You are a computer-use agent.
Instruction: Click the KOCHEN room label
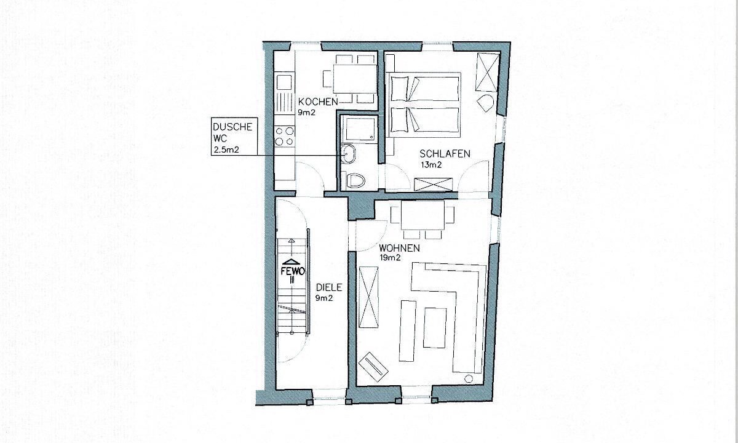point(318,102)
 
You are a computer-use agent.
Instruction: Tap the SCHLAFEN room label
point(445,154)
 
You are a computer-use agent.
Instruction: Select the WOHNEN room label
point(399,248)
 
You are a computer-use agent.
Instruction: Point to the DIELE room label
point(329,287)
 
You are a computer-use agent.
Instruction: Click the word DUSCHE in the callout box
point(232,127)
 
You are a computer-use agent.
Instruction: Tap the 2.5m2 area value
point(226,150)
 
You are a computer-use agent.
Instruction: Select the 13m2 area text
point(431,165)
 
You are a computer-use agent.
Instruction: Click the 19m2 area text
point(390,258)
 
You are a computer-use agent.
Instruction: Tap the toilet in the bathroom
point(356,181)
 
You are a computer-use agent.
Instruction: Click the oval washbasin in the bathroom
point(348,154)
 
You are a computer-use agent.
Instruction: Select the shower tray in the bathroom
point(359,128)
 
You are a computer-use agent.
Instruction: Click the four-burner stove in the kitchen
point(285,137)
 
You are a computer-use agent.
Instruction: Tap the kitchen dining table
point(355,79)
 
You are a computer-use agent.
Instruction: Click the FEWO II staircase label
point(292,276)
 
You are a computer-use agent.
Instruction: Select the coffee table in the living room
point(435,327)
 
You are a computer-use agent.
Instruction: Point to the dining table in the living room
point(423,215)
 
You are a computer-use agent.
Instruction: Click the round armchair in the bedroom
point(485,103)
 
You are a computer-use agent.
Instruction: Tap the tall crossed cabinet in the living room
point(368,297)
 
